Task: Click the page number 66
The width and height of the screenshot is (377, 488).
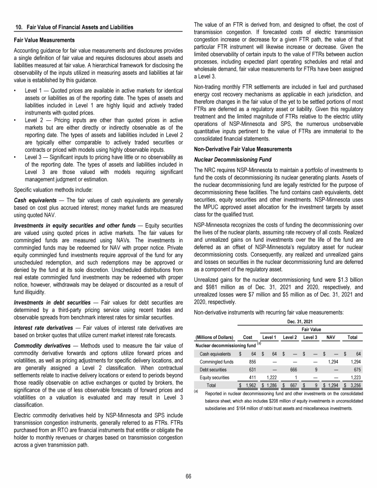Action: (x=188, y=476)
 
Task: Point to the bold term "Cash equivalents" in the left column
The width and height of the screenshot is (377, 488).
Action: (x=32, y=186)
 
